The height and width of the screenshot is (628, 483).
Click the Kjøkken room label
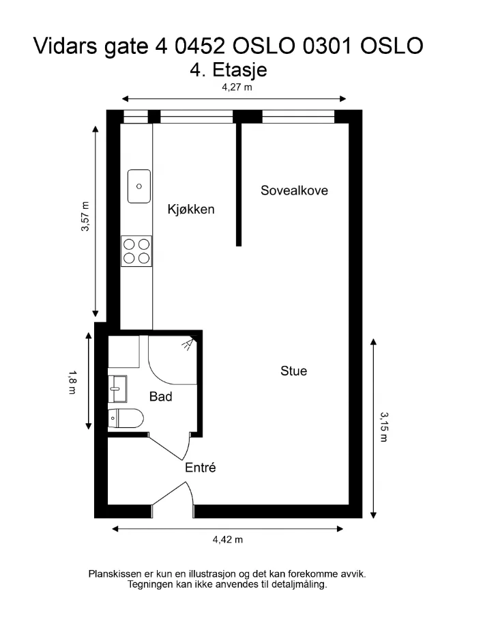tap(191, 209)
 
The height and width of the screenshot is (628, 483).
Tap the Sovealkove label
tap(294, 190)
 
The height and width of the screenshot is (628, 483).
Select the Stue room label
tap(294, 371)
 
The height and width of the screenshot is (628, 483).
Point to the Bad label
tap(160, 397)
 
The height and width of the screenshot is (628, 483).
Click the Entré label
tap(200, 468)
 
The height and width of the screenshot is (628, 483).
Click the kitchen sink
tap(139, 186)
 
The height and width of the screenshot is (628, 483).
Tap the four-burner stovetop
tap(136, 251)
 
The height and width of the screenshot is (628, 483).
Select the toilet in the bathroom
tap(126, 418)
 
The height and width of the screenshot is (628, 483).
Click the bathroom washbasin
tap(117, 388)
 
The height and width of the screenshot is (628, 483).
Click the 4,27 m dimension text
tap(237, 87)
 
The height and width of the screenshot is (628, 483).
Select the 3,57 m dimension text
tap(85, 216)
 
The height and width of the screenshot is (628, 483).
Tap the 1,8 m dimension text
tap(72, 382)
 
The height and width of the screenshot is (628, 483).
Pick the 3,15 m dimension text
tap(384, 427)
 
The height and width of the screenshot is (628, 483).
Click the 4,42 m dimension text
tap(228, 539)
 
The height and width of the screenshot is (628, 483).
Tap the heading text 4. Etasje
tap(229, 70)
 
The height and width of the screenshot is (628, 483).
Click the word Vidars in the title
tap(65, 46)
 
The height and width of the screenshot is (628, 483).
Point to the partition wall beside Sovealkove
tap(239, 184)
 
